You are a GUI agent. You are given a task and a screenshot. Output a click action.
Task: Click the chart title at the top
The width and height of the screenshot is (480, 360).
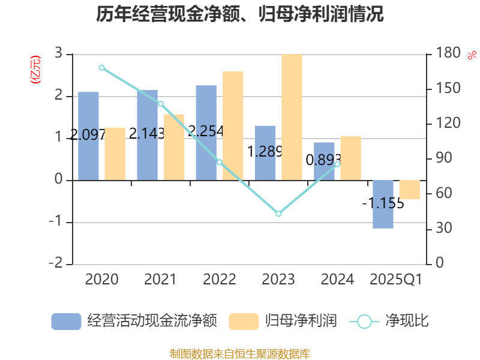[x=240, y=14]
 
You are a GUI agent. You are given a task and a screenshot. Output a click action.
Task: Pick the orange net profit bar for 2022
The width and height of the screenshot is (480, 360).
[x=233, y=125]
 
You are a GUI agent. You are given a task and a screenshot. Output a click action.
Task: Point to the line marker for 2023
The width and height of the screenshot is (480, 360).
[x=278, y=214]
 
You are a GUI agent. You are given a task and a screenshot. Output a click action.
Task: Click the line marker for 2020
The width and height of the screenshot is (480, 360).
[x=101, y=68]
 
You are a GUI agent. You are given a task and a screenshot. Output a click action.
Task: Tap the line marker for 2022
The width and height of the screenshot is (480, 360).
[x=220, y=162]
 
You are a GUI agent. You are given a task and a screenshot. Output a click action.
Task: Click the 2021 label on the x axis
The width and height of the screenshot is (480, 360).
[x=160, y=280]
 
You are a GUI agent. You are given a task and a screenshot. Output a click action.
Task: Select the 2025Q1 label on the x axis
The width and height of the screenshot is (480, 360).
[x=396, y=280]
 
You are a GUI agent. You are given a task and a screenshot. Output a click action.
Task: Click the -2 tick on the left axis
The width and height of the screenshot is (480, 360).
[x=56, y=264]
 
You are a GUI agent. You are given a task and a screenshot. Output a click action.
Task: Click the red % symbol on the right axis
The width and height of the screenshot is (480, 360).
[x=472, y=55]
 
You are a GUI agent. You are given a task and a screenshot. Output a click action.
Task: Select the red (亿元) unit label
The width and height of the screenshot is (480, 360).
[x=36, y=69]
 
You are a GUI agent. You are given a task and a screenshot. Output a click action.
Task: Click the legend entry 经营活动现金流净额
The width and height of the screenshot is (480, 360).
[x=134, y=321]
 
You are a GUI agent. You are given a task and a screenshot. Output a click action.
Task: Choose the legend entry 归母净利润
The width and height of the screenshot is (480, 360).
[x=283, y=321]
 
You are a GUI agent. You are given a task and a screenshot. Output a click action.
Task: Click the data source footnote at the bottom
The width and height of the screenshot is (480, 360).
[x=240, y=353]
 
